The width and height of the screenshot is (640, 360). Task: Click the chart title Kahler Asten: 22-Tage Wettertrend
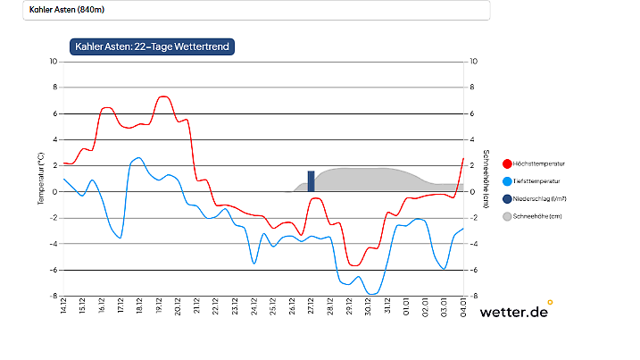(x=152, y=46)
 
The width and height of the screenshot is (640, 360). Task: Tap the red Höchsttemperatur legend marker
(x=507, y=163)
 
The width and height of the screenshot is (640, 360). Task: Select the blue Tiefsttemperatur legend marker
(x=507, y=181)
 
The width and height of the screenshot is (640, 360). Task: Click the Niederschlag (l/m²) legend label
(x=541, y=198)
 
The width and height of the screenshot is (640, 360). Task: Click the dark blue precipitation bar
(x=311, y=180)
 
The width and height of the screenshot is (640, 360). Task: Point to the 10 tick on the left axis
(x=53, y=62)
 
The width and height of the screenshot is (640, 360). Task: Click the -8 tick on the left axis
(x=54, y=296)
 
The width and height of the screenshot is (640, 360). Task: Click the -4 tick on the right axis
(x=473, y=244)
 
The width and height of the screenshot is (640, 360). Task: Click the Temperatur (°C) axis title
(x=40, y=179)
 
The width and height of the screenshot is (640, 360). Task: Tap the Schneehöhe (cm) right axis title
(x=486, y=179)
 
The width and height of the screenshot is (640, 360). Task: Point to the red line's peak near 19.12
(x=162, y=96)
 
